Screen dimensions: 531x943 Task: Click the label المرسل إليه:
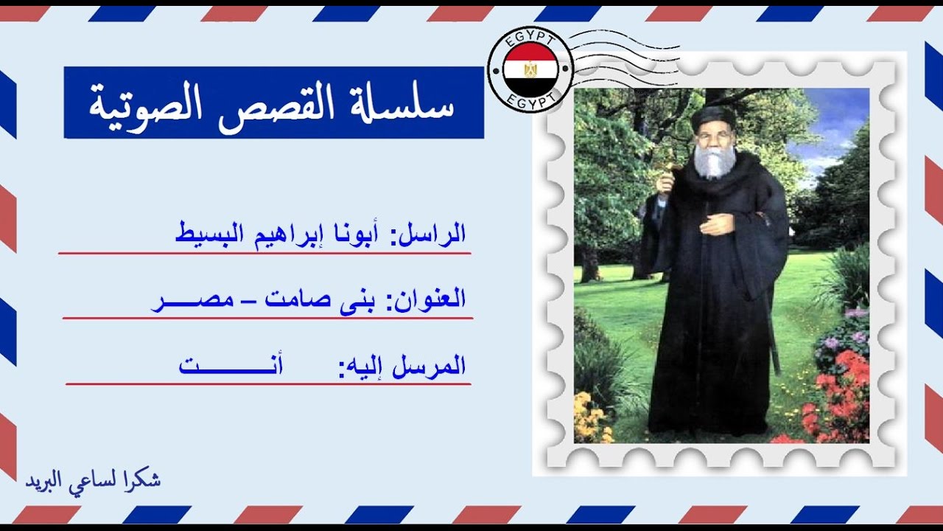(402, 366)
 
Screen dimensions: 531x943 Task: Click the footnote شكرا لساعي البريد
(93, 480)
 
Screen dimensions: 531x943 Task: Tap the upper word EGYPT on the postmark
(530, 41)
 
